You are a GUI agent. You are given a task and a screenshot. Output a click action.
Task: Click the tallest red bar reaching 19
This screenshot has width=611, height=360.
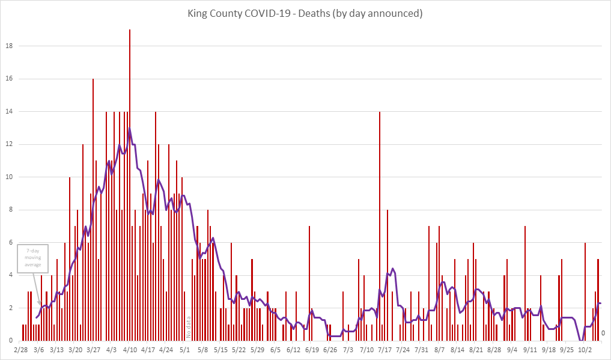click(129, 180)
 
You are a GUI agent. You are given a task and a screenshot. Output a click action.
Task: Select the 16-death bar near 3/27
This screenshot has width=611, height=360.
click(93, 210)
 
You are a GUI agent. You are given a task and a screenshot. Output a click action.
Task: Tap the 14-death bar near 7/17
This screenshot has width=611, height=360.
click(380, 228)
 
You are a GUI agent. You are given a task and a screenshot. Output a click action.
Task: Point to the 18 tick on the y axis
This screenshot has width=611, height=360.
click(11, 46)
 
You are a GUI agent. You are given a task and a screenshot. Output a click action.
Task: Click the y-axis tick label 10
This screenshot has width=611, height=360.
click(11, 177)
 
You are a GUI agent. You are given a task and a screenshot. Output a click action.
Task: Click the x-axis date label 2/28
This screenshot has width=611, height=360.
click(20, 349)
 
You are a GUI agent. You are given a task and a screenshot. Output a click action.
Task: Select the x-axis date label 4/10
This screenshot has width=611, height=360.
click(130, 349)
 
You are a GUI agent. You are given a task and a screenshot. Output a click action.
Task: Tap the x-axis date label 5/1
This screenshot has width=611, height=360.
click(184, 349)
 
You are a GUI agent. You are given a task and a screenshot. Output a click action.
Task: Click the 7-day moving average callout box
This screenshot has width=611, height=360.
click(33, 259)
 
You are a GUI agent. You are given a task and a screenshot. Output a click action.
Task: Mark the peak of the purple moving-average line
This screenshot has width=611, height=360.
click(129, 128)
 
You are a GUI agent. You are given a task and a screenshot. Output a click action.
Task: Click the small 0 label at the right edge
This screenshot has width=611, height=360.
click(603, 333)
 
